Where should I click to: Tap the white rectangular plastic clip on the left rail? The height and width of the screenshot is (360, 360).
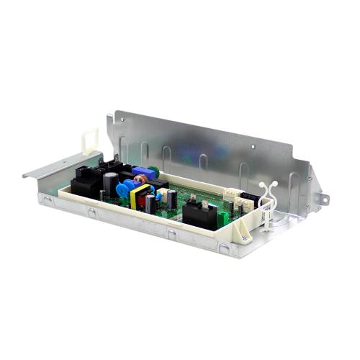(x=89, y=141)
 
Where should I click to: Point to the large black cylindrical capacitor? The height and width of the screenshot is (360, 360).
(x=108, y=186)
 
